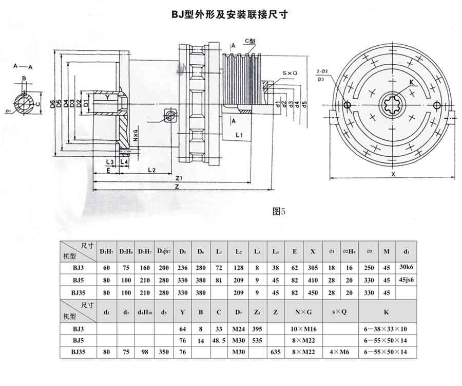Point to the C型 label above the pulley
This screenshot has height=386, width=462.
pos(251,40)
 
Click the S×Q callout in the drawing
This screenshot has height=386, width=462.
pos(290,73)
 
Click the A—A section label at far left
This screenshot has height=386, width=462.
pos(23,66)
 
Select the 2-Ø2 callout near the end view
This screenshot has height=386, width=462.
pos(322,71)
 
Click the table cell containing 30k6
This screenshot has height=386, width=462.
pos(406,268)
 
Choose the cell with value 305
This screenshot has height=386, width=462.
pos(313,268)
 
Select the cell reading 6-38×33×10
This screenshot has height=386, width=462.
pos(386,327)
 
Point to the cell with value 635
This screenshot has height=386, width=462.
pos(276,352)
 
